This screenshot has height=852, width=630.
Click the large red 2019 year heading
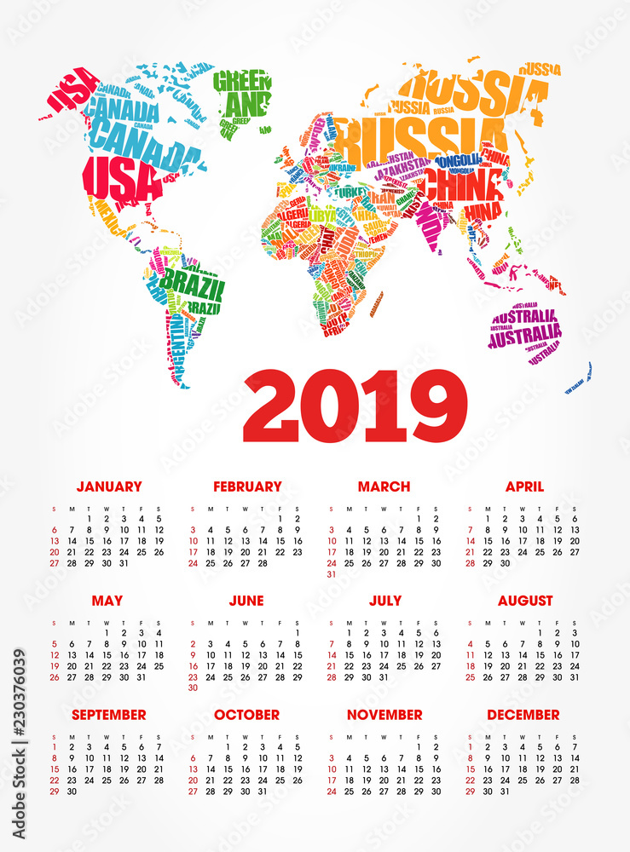click(355, 406)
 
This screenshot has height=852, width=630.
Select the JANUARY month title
click(109, 486)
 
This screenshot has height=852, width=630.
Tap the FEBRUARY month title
click(247, 486)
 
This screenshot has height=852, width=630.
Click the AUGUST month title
click(525, 601)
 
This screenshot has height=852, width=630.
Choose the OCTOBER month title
click(246, 715)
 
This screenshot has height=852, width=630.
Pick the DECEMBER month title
click(523, 715)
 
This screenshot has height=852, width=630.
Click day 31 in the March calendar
click(331, 574)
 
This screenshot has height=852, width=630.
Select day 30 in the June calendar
click(193, 688)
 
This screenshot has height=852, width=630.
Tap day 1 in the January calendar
click(90, 518)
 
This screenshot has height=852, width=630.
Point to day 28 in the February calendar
click(263, 563)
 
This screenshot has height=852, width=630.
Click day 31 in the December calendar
click(505, 792)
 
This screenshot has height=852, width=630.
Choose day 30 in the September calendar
click(72, 792)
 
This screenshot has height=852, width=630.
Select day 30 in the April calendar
click(505, 563)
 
